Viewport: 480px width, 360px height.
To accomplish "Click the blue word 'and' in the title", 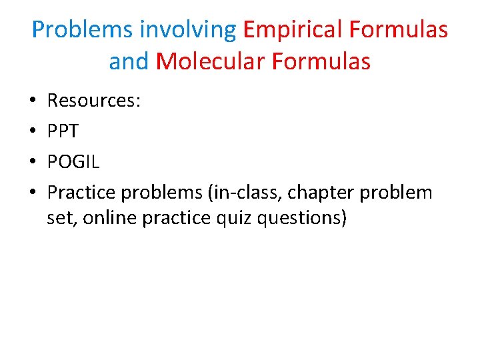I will [129, 62].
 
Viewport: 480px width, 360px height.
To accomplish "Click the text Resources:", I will [93, 101].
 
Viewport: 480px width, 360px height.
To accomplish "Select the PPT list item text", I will [63, 132].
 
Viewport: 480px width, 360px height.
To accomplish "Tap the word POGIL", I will [73, 163].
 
